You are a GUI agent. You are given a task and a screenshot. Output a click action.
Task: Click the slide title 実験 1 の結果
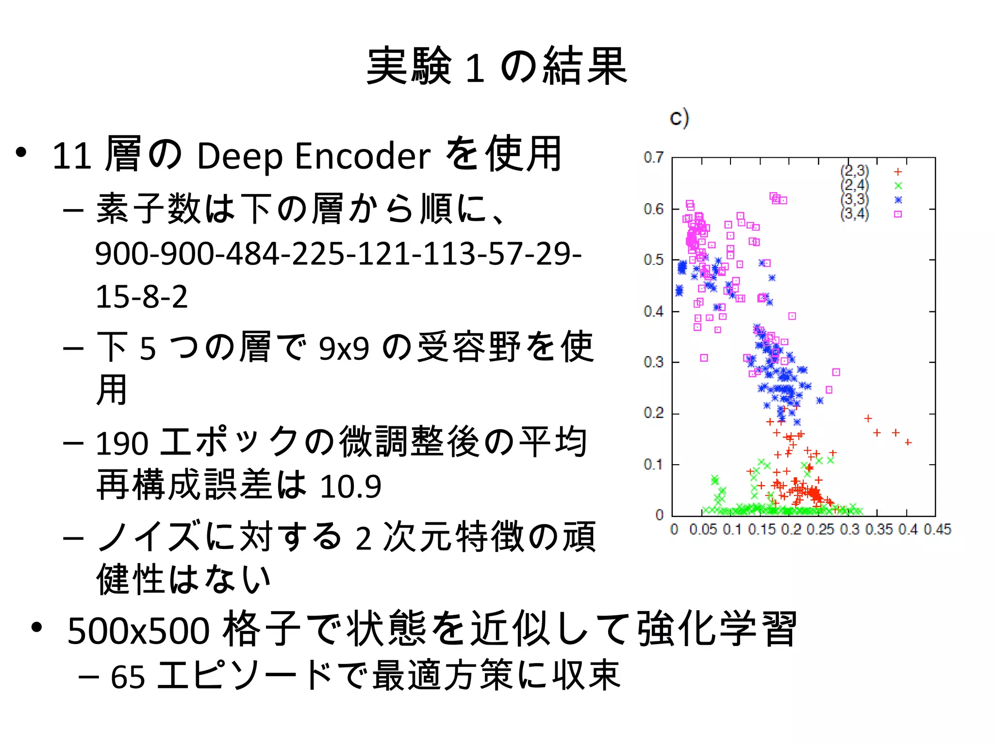[497, 66]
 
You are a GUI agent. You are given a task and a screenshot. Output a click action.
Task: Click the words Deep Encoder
[314, 156]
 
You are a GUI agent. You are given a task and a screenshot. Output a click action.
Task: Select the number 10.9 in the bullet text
[350, 486]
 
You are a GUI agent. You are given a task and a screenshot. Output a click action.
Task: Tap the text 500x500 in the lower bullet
[138, 631]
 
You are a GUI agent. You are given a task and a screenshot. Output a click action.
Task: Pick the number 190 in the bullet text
[122, 443]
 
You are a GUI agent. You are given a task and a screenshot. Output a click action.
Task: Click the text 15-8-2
[141, 297]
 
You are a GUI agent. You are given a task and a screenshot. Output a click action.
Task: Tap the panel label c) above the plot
[679, 118]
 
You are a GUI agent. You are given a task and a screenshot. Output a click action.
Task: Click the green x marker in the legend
[898, 186]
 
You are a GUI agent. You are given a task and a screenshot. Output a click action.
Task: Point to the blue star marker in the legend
[898, 200]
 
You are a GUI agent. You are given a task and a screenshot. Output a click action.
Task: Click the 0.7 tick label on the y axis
[653, 157]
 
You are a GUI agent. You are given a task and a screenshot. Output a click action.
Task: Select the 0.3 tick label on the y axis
[653, 362]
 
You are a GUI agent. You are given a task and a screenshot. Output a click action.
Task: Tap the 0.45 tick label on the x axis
[937, 529]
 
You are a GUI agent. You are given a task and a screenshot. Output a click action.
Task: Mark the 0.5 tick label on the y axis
[653, 260]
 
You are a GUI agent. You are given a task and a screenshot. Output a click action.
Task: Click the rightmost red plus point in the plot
[908, 442]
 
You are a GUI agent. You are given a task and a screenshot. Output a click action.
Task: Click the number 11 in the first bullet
[71, 156]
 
